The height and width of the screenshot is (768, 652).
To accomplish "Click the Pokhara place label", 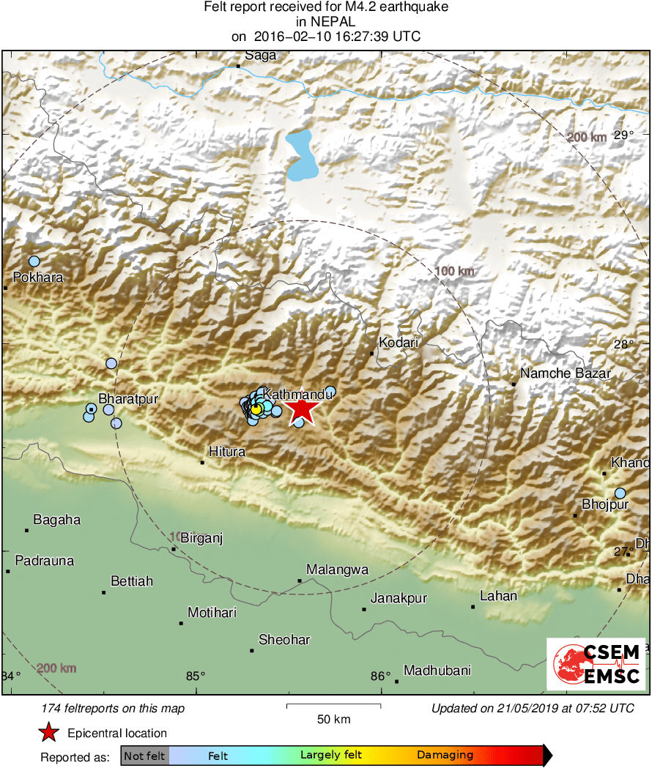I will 38,277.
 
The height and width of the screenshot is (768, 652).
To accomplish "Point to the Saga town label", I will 260,56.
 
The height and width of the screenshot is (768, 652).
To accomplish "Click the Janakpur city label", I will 399,599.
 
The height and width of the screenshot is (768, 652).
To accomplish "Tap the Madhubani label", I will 437,670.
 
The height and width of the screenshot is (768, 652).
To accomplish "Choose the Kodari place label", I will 398,342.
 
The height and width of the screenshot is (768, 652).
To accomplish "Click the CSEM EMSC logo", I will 596,664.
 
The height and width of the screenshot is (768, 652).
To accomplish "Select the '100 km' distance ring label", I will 454,272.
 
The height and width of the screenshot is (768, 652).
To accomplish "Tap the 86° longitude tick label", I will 381,676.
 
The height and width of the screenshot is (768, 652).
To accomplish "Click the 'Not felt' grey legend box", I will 145,756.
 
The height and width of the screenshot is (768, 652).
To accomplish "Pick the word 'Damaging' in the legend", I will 445,756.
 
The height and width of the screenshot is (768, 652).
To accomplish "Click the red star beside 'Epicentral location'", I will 48,733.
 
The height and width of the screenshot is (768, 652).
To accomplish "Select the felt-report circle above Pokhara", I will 34,261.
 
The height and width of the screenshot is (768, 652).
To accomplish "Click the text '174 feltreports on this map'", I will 114,708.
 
